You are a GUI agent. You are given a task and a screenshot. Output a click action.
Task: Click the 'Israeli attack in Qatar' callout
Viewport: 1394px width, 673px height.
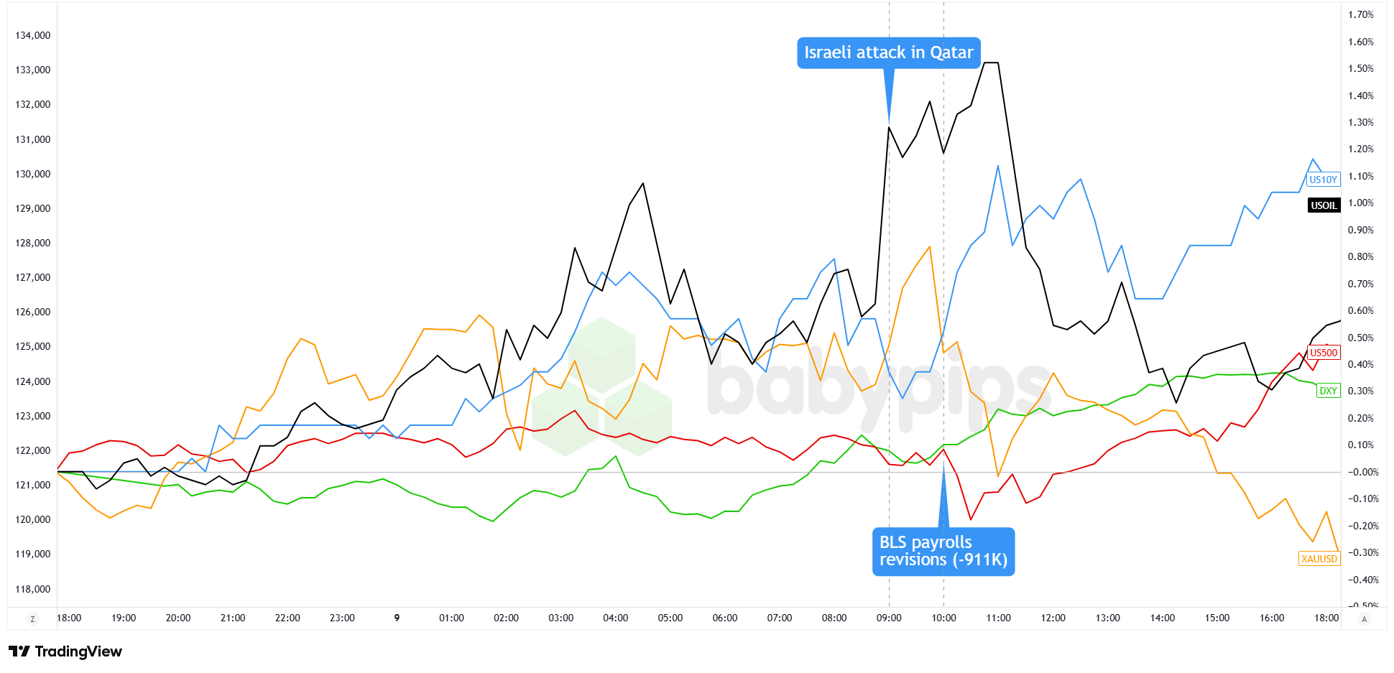click(888, 52)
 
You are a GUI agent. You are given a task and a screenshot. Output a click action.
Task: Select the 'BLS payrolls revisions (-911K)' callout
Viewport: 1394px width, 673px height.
click(943, 551)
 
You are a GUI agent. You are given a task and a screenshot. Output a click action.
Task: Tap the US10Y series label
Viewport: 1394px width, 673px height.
click(1323, 180)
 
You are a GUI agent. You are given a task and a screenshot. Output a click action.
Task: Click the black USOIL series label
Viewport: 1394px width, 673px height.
click(1324, 205)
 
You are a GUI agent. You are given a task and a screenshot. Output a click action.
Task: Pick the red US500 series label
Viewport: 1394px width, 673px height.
click(1324, 353)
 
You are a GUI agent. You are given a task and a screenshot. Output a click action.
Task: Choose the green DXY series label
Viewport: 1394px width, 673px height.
click(1328, 391)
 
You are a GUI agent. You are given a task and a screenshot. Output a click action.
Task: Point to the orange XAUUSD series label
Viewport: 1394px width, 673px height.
click(1319, 559)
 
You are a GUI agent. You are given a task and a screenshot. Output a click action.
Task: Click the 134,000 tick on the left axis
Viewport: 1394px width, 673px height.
click(33, 35)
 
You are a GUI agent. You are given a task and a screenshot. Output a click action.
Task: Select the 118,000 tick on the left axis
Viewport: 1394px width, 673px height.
click(33, 589)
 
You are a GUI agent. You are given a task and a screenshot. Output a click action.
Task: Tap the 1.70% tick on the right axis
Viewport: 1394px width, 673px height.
click(1361, 14)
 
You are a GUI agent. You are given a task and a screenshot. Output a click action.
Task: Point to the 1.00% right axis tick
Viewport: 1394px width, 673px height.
click(1361, 203)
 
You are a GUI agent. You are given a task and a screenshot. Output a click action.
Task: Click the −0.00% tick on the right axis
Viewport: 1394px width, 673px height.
click(1361, 472)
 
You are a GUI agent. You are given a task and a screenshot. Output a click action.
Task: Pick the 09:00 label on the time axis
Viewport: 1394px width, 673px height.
click(889, 618)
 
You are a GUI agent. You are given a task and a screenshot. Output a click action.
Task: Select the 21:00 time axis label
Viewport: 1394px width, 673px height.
click(233, 618)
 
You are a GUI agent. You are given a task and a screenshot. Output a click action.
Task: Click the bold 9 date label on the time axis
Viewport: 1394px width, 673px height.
click(397, 618)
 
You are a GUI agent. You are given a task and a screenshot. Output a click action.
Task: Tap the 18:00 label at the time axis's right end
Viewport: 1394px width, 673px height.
click(1326, 618)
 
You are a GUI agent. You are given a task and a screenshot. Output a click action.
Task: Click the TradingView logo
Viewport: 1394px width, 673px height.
click(65, 651)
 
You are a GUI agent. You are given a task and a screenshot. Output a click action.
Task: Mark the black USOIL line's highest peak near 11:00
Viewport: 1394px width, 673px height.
click(991, 62)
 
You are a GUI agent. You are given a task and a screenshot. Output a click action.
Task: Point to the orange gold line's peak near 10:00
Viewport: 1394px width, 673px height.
click(930, 246)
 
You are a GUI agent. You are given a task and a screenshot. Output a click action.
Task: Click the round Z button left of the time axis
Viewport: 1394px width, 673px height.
click(32, 618)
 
